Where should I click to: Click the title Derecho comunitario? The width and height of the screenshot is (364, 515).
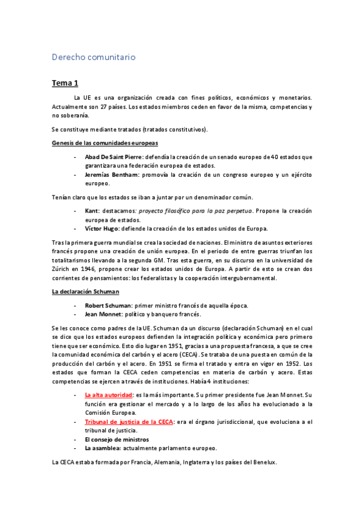pos(93,57)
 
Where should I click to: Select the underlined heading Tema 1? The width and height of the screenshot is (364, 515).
pos(65,83)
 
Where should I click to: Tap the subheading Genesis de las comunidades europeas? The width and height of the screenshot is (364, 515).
pos(105,143)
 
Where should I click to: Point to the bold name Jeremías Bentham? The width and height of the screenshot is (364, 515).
pos(112,175)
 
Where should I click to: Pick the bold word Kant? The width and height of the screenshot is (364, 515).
pos(92,211)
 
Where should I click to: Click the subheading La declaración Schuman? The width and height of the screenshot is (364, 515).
pos(84,292)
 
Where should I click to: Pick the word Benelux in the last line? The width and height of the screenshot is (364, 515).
pos(262,462)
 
